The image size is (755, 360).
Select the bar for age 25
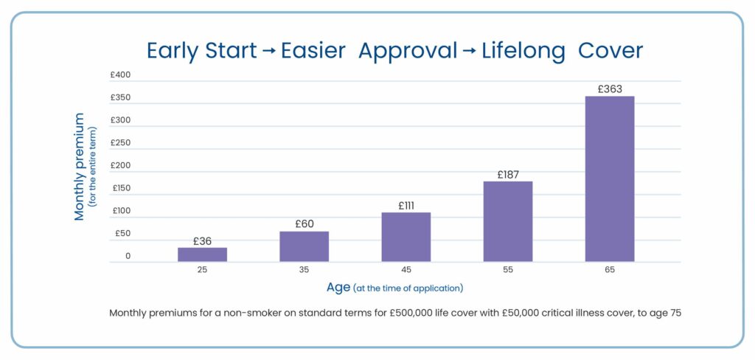[202, 255]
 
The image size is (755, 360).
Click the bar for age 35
[304, 246]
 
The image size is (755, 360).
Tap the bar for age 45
[406, 237]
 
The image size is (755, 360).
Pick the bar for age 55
[507, 221]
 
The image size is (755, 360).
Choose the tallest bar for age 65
[609, 179]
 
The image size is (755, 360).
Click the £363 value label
[609, 89]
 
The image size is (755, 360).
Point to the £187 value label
[507, 175]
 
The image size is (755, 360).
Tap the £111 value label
[406, 206]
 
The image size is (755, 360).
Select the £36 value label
[202, 241]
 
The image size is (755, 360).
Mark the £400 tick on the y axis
[120, 75]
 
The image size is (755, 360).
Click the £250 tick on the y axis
[120, 143]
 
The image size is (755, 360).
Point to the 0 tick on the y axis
[128, 257]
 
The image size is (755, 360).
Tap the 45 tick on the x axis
[406, 271]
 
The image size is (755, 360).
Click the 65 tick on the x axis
[609, 271]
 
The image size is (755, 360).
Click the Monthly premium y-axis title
[80, 166]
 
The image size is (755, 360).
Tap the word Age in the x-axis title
[338, 287]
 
